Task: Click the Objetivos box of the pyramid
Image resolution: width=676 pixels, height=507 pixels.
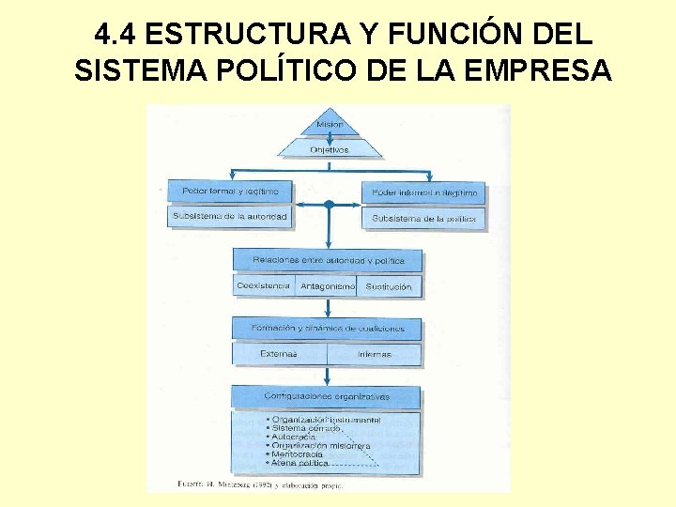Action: pyautogui.click(x=329, y=149)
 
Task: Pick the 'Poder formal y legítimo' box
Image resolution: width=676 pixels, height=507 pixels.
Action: pyautogui.click(x=230, y=191)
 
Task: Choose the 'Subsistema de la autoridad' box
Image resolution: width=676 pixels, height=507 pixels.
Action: pyautogui.click(x=230, y=216)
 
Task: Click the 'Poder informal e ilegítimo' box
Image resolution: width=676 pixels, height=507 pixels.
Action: pyautogui.click(x=424, y=192)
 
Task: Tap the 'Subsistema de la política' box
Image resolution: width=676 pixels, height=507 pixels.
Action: pyautogui.click(x=424, y=218)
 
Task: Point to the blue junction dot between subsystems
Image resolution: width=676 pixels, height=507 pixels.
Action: pyautogui.click(x=329, y=204)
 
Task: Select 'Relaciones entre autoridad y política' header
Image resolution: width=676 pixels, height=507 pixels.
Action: pyautogui.click(x=328, y=259)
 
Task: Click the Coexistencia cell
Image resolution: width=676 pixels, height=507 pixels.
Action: pyautogui.click(x=263, y=285)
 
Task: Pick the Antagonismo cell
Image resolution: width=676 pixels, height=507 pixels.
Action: pyautogui.click(x=327, y=286)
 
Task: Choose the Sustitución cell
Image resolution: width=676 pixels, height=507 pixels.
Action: pyautogui.click(x=389, y=286)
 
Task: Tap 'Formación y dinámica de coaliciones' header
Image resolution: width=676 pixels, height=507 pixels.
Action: pyautogui.click(x=328, y=329)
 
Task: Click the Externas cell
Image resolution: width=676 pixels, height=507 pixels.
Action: pyautogui.click(x=279, y=354)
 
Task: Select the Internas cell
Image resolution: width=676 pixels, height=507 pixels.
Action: pyautogui.click(x=375, y=354)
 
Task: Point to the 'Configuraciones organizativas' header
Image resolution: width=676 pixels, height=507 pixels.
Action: pyautogui.click(x=327, y=396)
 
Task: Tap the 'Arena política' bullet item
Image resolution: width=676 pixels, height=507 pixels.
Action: pyautogui.click(x=300, y=463)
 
